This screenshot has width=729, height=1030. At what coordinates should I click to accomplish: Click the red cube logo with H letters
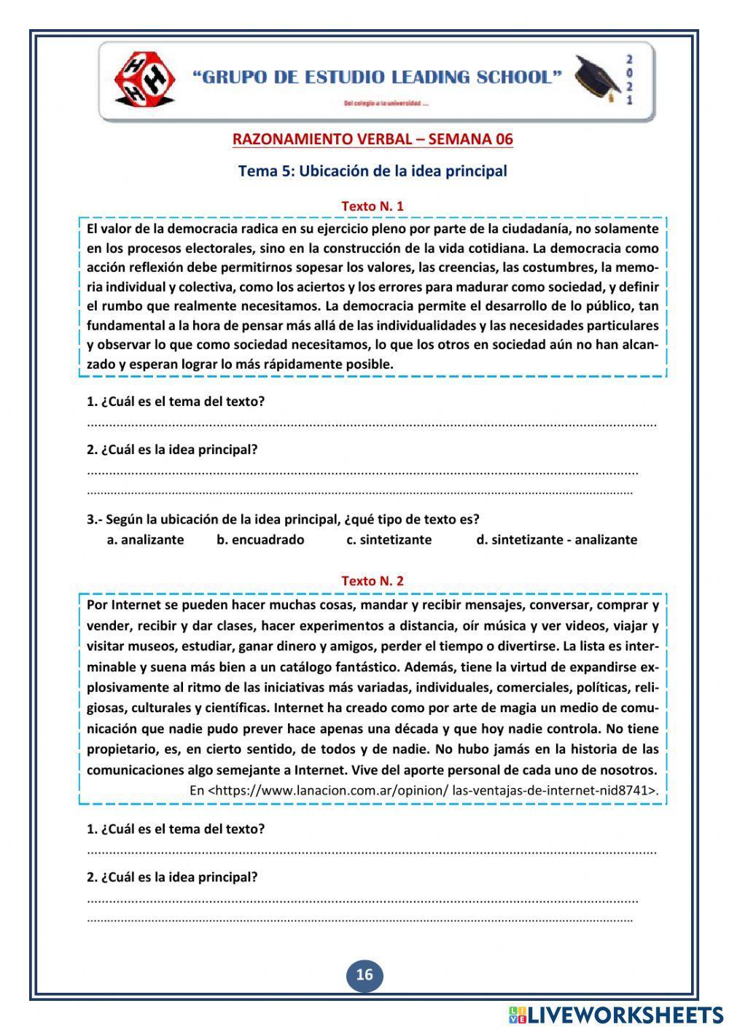coord(144,78)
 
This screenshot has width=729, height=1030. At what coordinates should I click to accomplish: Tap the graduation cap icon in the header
coord(596,77)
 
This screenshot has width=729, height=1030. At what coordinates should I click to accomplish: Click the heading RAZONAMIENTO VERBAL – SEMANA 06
coord(373,138)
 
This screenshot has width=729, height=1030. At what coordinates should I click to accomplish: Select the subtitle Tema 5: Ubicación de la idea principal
coord(373,171)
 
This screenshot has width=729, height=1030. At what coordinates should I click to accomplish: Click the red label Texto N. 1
coord(373,206)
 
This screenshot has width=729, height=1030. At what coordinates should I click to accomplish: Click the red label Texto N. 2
coord(373,581)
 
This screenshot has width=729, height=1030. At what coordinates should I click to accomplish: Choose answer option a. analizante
coord(145,540)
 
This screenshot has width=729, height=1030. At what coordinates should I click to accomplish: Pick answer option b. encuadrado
coord(260,540)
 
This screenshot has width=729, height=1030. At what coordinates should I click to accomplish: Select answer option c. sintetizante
coord(389,540)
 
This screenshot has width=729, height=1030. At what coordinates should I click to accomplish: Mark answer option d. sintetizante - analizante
coord(556,540)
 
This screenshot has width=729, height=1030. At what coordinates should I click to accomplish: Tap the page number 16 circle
coord(364,975)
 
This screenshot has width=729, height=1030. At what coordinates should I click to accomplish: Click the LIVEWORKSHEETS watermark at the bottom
coord(616,1015)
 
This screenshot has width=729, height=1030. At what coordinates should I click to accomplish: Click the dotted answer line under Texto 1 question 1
coord(372,424)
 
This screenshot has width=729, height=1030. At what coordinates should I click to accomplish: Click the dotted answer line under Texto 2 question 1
coord(372,851)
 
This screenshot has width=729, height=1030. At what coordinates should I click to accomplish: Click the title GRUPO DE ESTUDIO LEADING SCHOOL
coord(378,77)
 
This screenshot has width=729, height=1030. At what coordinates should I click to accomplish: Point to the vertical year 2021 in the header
coord(629,79)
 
